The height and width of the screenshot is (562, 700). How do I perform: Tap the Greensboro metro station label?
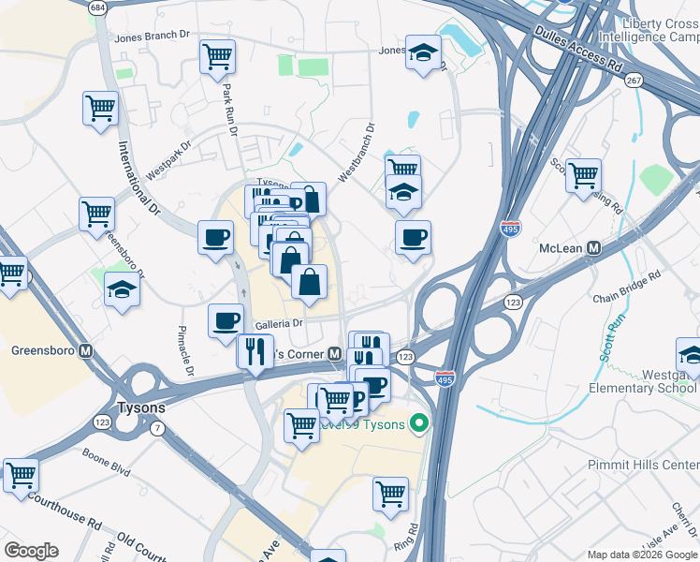pos(43,352)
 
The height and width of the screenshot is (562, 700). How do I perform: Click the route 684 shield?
pos(97,7)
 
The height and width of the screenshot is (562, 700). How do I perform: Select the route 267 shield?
pos(634,81)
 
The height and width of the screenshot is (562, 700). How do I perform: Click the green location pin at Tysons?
pos(419,425)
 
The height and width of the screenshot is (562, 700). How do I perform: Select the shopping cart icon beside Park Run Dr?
pos(217,55)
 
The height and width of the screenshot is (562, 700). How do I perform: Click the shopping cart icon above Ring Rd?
pos(390,493)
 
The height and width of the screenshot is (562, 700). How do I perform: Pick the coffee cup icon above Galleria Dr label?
pos(226,320)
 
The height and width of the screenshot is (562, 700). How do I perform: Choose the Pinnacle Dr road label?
pos(184,351)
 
